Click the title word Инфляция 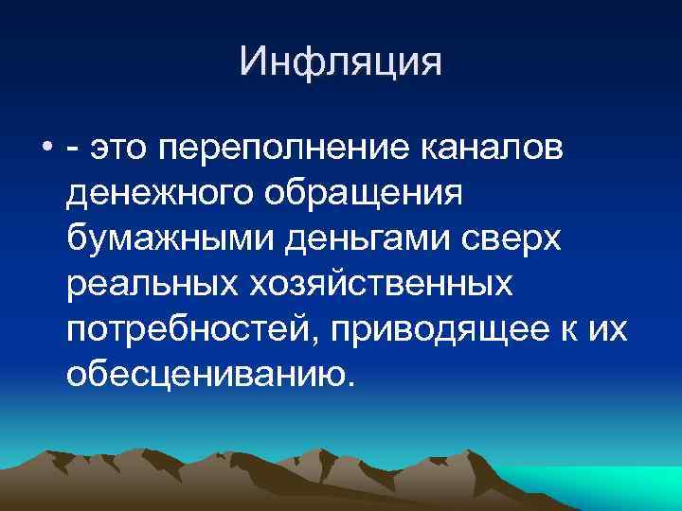(x=341, y=62)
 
